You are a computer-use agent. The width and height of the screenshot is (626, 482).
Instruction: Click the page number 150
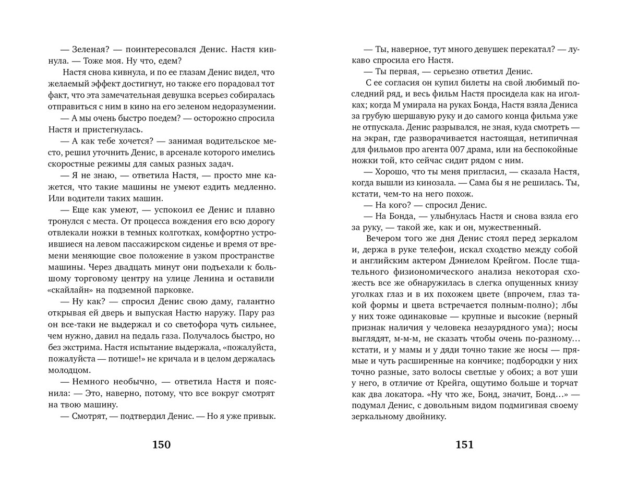[161, 445]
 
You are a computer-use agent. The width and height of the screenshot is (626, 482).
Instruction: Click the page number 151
[464, 445]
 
